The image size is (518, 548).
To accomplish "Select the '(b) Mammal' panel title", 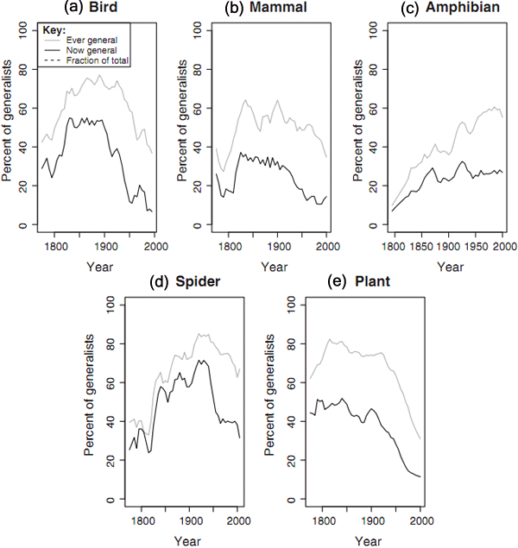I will pos(264,9).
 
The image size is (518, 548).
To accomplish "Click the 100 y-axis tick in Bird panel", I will pos(22,29).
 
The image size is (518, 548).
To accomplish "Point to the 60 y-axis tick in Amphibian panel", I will pos(362,108).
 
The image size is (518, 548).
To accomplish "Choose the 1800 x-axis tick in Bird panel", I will pos(54,246).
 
